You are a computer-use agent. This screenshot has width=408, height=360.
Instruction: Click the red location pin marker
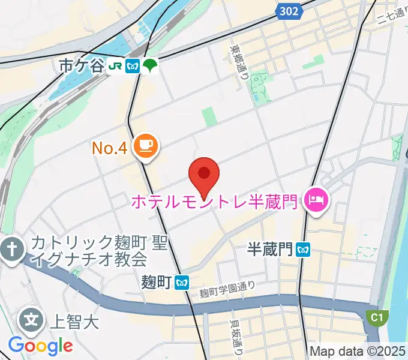pyautogui.click(x=204, y=175)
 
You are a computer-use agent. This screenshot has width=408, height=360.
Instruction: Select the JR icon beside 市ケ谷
pyautogui.click(x=116, y=66)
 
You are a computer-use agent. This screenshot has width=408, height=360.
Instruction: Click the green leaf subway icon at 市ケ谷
pyautogui.click(x=149, y=65)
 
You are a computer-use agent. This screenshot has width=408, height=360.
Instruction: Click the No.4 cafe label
pyautogui.click(x=109, y=148)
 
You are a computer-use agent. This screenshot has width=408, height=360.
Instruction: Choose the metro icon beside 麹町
pyautogui.click(x=184, y=281)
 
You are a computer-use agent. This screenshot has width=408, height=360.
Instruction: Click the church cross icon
pyautogui.click(x=11, y=248)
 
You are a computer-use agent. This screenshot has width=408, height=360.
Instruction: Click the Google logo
pyautogui.click(x=40, y=346)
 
